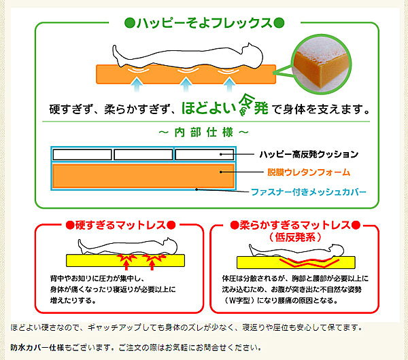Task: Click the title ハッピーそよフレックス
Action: point(204,23)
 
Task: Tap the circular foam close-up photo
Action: point(322,64)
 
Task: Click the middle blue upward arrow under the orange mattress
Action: point(186,85)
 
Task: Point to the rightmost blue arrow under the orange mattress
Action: point(229,85)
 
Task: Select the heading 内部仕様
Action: point(204,132)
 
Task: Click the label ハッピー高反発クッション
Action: point(309,154)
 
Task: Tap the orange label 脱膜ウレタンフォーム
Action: point(309,172)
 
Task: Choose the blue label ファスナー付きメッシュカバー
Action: point(309,192)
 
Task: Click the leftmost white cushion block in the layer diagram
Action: point(82,155)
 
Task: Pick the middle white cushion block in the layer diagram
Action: point(143,155)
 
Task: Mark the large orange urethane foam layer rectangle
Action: point(143,176)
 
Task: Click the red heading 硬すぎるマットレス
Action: point(120,225)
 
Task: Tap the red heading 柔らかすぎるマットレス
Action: point(295,225)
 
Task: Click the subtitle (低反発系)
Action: point(295,237)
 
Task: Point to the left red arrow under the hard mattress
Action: point(126,265)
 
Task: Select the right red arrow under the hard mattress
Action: point(152,265)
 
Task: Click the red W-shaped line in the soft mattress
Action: point(309,263)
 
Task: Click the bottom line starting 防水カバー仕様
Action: point(136,347)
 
